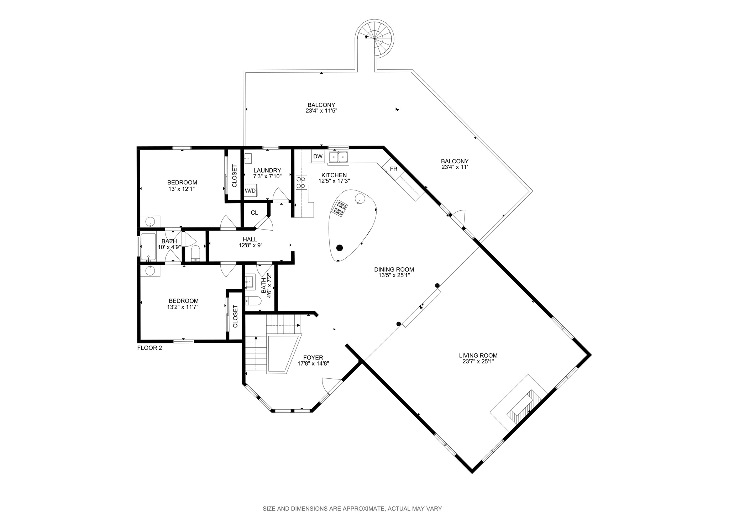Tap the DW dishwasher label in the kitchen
tap(318, 156)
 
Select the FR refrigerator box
tap(393, 169)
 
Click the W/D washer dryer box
tap(250, 190)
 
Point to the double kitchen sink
tap(338, 157)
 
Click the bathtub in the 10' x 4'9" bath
tap(149, 246)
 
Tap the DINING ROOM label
tap(394, 269)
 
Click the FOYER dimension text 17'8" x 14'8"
tap(313, 363)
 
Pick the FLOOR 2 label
tap(150, 348)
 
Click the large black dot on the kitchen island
tap(340, 248)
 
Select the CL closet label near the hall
tap(254, 213)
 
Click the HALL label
tap(250, 240)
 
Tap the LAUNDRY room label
tap(267, 170)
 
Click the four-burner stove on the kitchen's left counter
tap(301, 182)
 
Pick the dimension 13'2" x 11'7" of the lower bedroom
tap(183, 306)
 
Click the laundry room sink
tap(248, 158)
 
